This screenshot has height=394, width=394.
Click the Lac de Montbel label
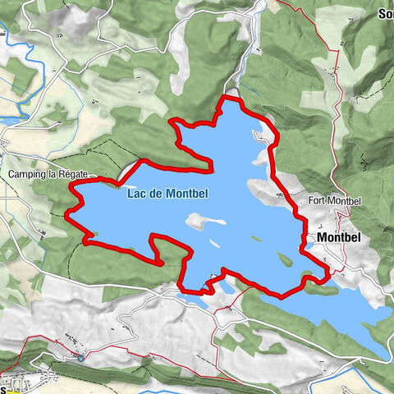tap(167, 194)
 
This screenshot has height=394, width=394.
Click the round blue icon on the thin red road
tap(80, 357)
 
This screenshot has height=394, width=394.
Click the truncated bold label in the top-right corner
tap(385, 14)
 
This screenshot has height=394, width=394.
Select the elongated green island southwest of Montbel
tap(286, 259)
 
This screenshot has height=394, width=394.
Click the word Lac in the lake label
tap(136, 194)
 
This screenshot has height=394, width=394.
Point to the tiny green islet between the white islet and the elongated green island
tap(256, 239)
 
